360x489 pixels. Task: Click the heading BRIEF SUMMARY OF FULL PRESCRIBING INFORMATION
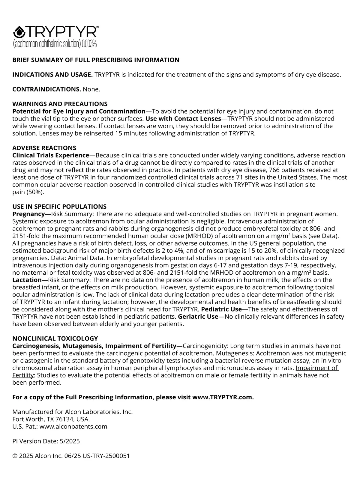(96, 60)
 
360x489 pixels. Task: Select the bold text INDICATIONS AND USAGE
(52, 75)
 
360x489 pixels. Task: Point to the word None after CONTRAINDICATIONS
(91, 89)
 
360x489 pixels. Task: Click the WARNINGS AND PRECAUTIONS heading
(60, 104)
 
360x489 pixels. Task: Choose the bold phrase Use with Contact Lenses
(183, 119)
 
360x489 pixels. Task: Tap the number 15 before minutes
(119, 133)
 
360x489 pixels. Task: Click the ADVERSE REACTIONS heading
(44, 148)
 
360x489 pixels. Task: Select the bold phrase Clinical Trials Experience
(51, 155)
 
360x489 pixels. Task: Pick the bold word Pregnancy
(28, 214)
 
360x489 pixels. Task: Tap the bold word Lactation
(27, 280)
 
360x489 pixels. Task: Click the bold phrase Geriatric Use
(198, 317)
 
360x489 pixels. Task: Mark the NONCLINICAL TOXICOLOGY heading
(55, 339)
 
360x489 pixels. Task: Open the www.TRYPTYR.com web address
(223, 397)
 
